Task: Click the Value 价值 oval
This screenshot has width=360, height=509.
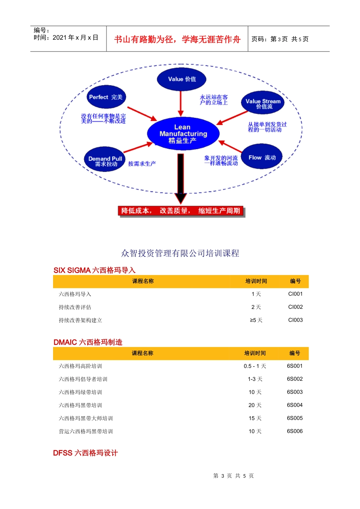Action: [x=182, y=79]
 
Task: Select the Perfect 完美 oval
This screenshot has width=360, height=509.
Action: [x=106, y=97]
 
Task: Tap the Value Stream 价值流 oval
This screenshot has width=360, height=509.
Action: [x=263, y=103]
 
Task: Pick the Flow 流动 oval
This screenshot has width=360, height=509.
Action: [x=262, y=157]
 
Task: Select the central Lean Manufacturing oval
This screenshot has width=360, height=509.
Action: [x=183, y=134]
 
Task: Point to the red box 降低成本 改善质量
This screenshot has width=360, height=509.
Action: [x=181, y=211]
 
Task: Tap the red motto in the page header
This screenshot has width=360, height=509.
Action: [x=177, y=39]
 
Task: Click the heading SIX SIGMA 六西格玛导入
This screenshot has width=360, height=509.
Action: [x=94, y=270]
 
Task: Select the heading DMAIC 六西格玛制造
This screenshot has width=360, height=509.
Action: [x=88, y=342]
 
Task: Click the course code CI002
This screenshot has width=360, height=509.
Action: [x=295, y=307]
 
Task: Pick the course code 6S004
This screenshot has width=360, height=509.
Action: [x=294, y=405]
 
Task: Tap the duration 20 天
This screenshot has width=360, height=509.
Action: [x=255, y=405]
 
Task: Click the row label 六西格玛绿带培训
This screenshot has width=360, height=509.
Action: [x=80, y=392]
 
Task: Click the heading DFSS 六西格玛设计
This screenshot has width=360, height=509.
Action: [x=85, y=453]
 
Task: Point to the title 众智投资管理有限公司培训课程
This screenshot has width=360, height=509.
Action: [x=180, y=253]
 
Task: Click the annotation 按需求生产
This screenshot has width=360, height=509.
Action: [x=142, y=164]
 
